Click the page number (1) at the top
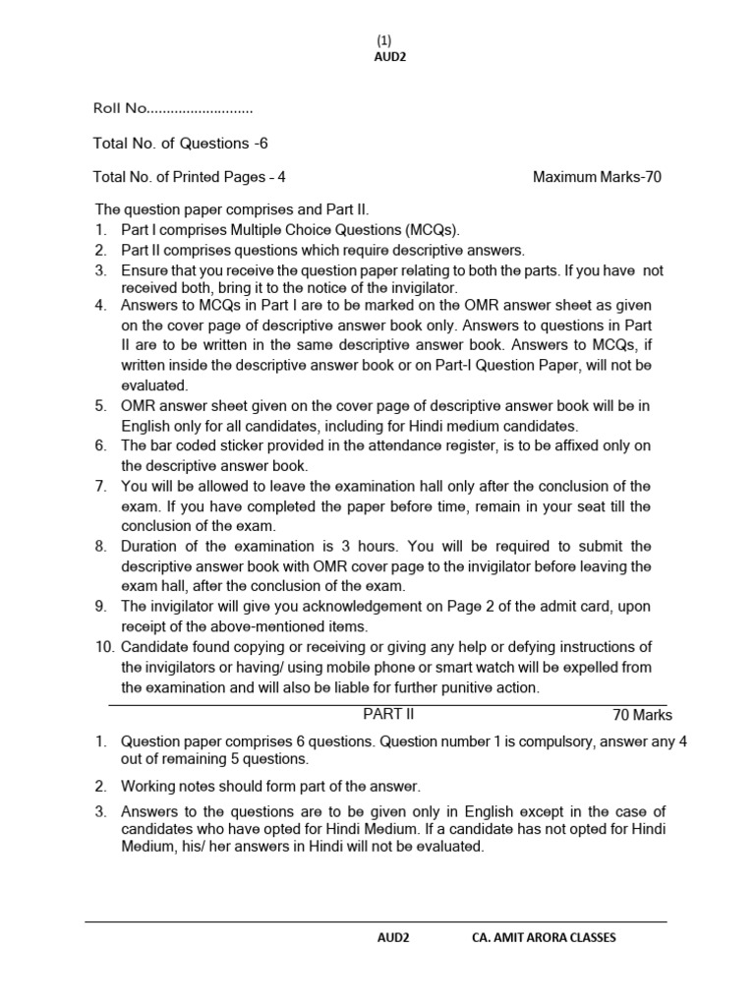[x=383, y=40]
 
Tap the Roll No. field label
[x=119, y=108]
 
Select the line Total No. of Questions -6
[x=180, y=144]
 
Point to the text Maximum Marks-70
[x=598, y=178]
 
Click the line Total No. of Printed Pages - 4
[x=190, y=178]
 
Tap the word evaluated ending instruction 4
[x=153, y=385]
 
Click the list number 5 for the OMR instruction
[x=100, y=406]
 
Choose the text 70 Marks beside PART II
[x=642, y=716]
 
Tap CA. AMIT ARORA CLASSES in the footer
[x=545, y=938]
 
